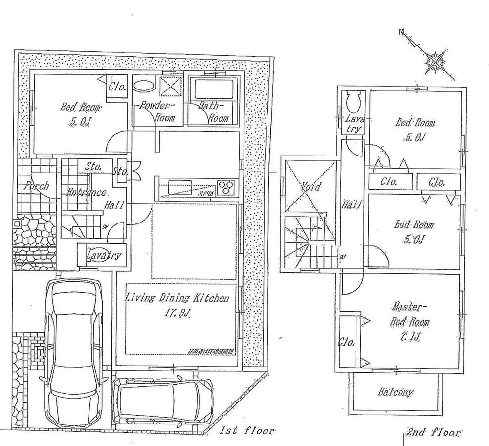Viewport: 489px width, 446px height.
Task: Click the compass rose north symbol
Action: click(434, 61)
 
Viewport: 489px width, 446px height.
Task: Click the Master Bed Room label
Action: click(409, 314)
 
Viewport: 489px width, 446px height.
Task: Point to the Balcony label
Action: click(395, 392)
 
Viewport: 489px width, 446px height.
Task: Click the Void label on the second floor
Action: click(311, 187)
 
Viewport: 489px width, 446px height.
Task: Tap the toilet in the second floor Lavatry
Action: click(352, 102)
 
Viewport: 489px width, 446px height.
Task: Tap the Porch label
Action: click(36, 186)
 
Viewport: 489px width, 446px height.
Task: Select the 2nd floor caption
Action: click(433, 432)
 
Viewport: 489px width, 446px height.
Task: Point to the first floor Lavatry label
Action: click(103, 255)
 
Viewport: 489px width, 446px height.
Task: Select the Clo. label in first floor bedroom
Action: click(118, 88)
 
